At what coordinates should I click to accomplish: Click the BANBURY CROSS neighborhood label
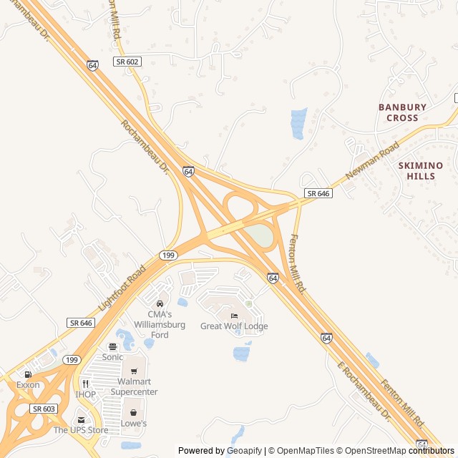coord(402,112)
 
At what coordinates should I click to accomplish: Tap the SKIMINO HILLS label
coord(420,170)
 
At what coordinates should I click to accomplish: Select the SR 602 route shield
coord(128,62)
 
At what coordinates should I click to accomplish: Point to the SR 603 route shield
coord(43,408)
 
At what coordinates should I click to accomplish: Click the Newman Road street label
coord(371,160)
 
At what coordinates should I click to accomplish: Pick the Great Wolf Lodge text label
coord(234,326)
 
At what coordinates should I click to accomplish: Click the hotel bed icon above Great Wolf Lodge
coord(233,316)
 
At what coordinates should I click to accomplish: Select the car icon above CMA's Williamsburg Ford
coord(160,304)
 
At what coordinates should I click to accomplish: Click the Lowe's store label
coord(134,423)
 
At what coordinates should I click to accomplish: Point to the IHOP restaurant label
coord(85,394)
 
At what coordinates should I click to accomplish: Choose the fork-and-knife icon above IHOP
coord(85,384)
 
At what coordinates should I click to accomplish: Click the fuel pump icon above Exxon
coord(28,374)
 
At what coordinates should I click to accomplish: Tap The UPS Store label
coord(81,430)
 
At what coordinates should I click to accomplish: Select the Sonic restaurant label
coord(112,356)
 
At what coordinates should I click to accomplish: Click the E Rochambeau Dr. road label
coord(364,390)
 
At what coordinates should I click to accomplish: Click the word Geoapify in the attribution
coord(245,451)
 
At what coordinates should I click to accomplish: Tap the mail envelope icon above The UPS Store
coord(81,420)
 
